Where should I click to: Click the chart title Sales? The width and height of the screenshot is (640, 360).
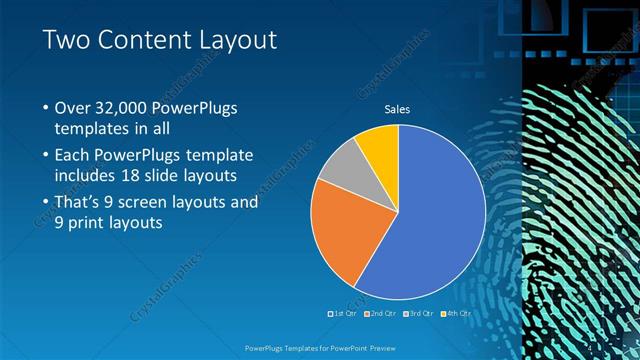(397, 110)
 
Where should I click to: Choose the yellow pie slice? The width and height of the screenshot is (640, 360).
(380, 145)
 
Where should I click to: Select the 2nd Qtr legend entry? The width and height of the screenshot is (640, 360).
(382, 313)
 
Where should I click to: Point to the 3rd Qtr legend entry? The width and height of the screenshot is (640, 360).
(418, 313)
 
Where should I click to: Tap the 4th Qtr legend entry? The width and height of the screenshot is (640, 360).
(454, 313)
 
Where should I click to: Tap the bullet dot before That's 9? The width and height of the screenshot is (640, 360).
(45, 201)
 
